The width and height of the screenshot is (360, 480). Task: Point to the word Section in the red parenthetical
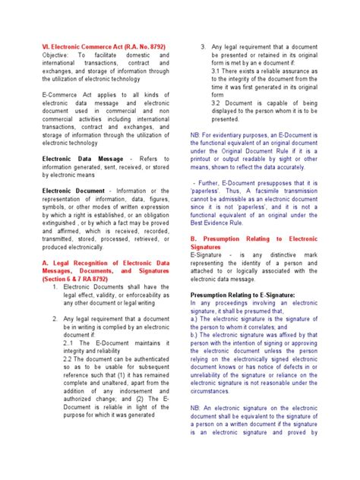[x=56, y=279]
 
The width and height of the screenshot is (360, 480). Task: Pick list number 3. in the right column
[x=203, y=47]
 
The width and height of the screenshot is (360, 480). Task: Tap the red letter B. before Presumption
[x=194, y=237]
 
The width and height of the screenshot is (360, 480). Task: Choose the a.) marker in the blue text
[x=195, y=319]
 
